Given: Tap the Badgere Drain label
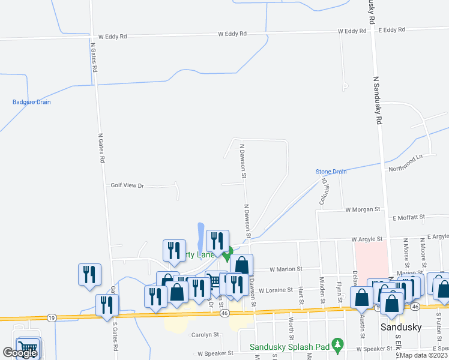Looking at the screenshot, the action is point(32,102).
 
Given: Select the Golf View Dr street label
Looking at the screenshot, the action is point(128,186).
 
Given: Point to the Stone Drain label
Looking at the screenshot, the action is point(331,172).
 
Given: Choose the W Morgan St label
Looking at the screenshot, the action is point(363,209).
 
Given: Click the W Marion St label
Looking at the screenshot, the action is point(286,269).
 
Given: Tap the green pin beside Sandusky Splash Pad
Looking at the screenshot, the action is point(338,346).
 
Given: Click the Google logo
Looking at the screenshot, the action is point(19,353).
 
